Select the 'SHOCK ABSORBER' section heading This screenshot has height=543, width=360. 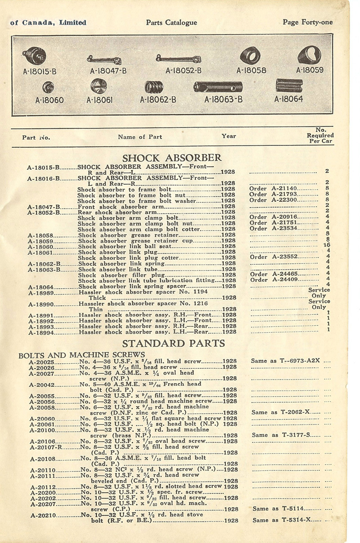[172, 158]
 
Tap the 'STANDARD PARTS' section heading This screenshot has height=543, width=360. [173, 344]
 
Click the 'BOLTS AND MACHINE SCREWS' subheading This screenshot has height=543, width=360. [81, 355]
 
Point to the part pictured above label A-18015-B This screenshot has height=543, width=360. [34, 57]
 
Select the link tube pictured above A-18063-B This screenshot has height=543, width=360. [218, 86]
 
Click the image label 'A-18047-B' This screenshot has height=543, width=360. [108, 71]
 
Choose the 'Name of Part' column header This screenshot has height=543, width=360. [140, 137]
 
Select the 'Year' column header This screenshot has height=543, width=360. [229, 136]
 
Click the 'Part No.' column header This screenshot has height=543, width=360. [36, 137]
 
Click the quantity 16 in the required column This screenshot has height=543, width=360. [327, 245]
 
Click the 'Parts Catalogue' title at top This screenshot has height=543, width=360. [171, 22]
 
